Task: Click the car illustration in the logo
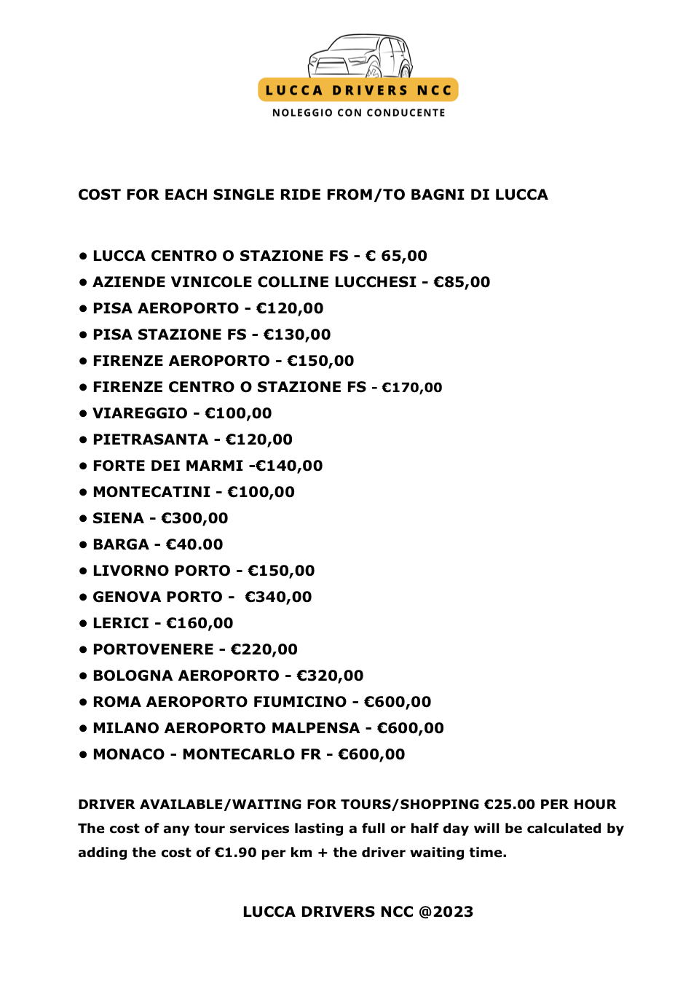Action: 360,56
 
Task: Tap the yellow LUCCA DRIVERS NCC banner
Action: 358,90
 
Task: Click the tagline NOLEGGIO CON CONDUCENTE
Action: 358,113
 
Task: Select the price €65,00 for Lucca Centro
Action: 396,256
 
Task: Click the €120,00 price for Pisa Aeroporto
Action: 290,308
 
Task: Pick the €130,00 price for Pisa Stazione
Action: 297,335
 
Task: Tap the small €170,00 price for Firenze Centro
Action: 412,388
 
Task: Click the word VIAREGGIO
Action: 140,413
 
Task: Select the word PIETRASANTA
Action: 151,439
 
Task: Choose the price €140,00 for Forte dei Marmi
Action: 289,466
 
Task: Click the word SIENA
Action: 118,518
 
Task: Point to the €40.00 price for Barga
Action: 194,544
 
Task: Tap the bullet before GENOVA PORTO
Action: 83,598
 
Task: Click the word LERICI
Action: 121,623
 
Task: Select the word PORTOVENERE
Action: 153,649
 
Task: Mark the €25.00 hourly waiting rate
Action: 510,805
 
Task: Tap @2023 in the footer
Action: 446,912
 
